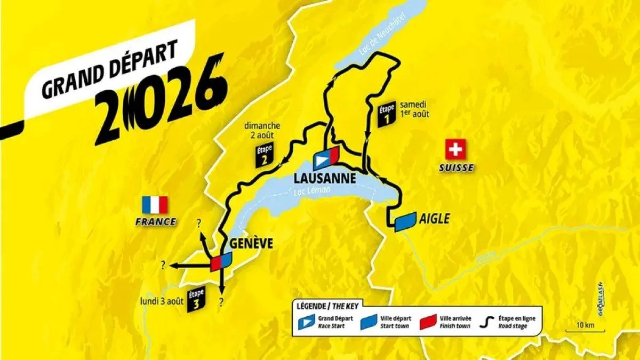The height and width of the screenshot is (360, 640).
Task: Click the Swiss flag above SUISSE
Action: click(455, 149)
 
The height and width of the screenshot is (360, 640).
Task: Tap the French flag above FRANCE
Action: click(155, 205)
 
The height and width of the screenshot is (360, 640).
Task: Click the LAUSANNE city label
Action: click(324, 177)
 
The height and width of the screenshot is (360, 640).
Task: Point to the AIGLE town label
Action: click(435, 219)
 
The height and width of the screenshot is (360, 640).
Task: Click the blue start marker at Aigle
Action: click(405, 221)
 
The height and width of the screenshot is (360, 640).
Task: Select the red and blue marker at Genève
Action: click(221, 261)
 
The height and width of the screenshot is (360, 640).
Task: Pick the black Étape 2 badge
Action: click(263, 154)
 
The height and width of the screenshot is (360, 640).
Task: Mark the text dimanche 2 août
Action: click(262, 131)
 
